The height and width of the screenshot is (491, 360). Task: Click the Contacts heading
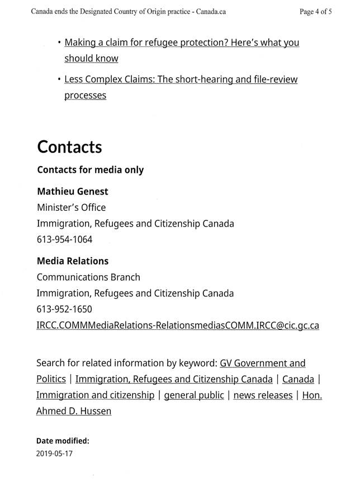pos(69,147)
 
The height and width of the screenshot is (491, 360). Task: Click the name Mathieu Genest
pos(72,191)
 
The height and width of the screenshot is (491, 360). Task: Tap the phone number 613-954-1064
pos(64,239)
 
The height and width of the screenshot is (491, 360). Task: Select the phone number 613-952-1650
pos(64,309)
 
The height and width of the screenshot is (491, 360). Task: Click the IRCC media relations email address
pos(177,325)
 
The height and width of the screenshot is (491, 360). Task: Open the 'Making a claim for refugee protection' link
pos(182,43)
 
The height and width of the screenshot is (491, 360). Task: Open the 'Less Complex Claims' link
pos(181,79)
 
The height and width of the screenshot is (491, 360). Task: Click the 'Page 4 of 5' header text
pos(316,11)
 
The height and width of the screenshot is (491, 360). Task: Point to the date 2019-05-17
pos(54,454)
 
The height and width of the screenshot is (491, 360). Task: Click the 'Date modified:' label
pos(63,441)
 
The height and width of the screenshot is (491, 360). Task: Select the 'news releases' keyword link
pos(263,395)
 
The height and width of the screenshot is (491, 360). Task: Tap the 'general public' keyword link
pos(193,395)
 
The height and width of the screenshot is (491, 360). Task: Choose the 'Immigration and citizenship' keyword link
pos(95,395)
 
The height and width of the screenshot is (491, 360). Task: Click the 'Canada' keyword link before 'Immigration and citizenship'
pos(298,379)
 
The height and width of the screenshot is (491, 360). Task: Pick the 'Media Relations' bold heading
pos(72,261)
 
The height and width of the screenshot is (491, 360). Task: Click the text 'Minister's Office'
pos(71,207)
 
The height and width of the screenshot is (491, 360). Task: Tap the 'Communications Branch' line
pos(88,277)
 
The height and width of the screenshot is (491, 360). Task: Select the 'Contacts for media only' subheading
pos(90,169)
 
